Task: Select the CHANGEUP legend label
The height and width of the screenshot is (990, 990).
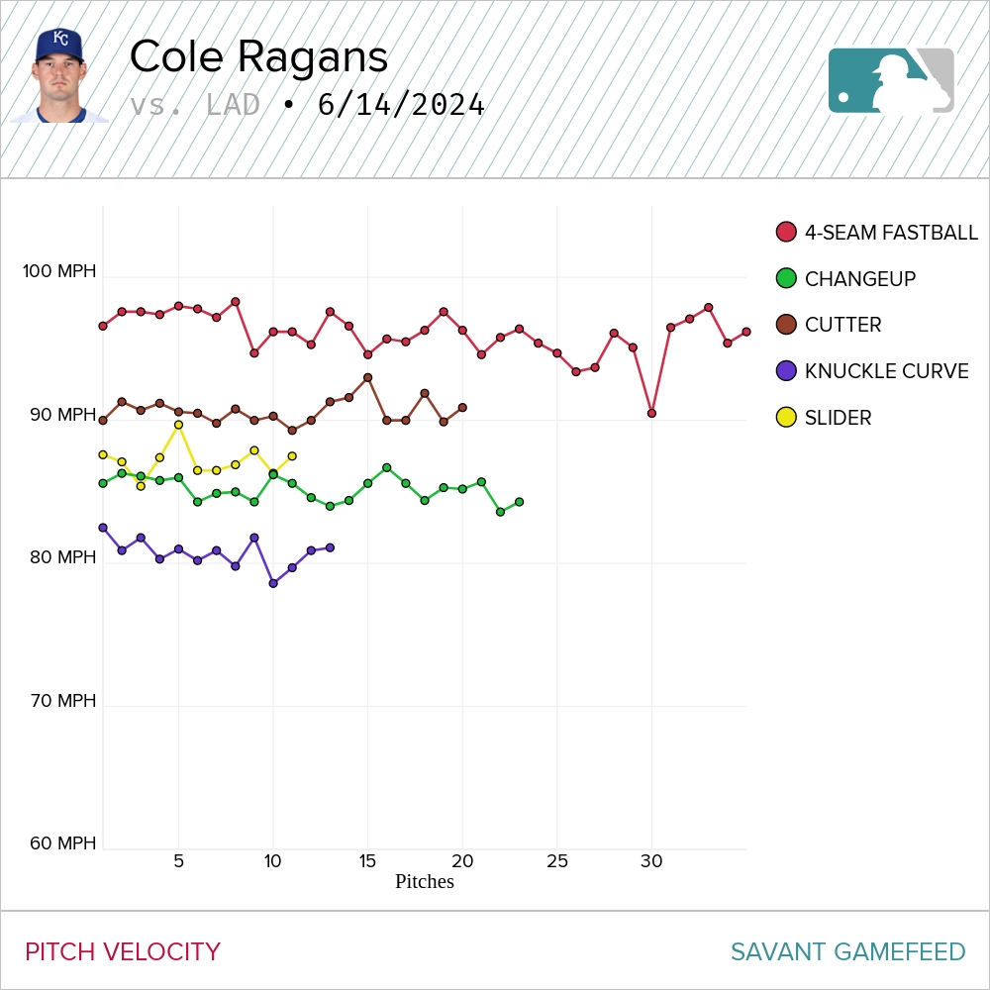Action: [x=859, y=279]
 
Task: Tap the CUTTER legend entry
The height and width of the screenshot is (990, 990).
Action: [x=842, y=325]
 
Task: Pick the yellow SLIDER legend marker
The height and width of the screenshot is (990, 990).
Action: [x=786, y=417]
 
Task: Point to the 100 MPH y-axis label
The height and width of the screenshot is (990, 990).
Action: [x=59, y=270]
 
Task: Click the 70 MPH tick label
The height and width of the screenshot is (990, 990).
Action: [x=61, y=701]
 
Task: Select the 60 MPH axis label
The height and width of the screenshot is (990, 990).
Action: [x=61, y=843]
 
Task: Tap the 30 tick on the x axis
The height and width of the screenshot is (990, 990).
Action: [x=651, y=861]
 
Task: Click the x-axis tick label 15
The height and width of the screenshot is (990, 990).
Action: [x=367, y=861]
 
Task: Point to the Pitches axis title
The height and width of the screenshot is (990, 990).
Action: [x=424, y=881]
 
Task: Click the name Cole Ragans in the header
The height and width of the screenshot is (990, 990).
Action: [x=258, y=57]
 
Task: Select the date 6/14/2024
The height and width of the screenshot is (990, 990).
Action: [x=401, y=105]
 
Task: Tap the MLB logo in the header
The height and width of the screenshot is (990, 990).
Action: [x=891, y=80]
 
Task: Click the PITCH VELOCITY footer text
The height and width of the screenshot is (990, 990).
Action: [x=123, y=952]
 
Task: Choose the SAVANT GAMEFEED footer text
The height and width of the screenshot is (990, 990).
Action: [x=847, y=952]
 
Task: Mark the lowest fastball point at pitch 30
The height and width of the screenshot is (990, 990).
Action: [x=651, y=413]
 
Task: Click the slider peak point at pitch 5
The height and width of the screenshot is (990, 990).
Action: [x=178, y=425]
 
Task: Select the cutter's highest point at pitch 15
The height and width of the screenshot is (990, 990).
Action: [x=367, y=377]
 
